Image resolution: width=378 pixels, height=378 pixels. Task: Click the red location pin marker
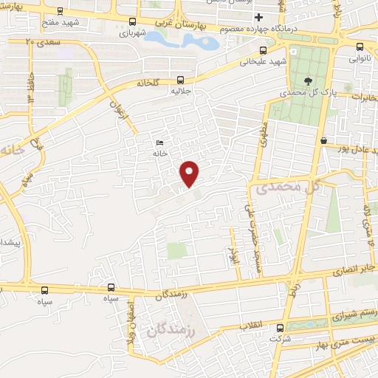(190, 173)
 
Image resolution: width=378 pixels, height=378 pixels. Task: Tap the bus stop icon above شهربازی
(131, 21)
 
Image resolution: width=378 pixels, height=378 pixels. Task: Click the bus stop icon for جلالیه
(181, 80)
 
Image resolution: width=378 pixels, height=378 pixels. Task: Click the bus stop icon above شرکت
(279, 328)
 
